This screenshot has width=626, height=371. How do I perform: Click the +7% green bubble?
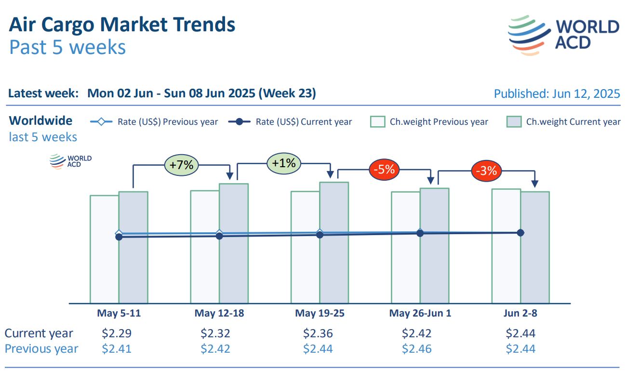click(x=181, y=165)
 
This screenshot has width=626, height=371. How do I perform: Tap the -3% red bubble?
click(x=486, y=171)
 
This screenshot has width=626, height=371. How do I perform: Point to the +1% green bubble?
click(x=283, y=163)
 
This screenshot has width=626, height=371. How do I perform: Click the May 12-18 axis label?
click(x=219, y=313)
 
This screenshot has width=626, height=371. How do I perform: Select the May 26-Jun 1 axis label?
click(x=420, y=313)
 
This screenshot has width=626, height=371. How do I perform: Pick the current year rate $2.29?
click(x=117, y=333)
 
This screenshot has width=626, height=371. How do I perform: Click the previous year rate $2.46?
click(x=417, y=348)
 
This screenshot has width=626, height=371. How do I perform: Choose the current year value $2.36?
click(x=318, y=333)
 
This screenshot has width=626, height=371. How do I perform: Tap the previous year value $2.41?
click(x=117, y=348)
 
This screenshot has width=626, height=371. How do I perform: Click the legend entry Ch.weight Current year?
click(x=564, y=122)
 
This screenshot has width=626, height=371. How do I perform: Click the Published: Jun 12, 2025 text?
click(x=557, y=93)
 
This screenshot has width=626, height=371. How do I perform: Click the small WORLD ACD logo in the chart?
click(x=70, y=161)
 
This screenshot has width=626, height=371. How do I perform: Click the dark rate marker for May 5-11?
click(x=119, y=237)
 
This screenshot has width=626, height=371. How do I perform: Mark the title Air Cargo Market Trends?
click(x=122, y=25)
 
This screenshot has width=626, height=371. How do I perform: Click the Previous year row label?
click(x=41, y=348)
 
